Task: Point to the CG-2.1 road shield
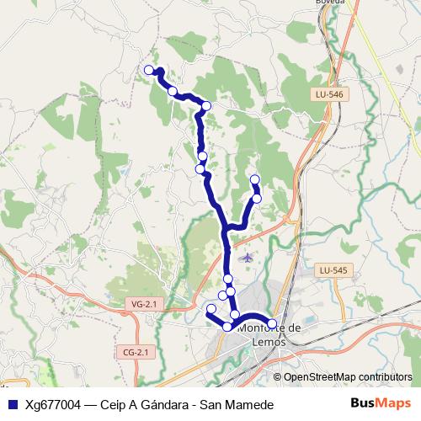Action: point(135,352)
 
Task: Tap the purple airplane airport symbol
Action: point(246,255)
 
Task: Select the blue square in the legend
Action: point(13,405)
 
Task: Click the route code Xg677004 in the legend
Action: point(53,405)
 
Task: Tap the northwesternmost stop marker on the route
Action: point(149,70)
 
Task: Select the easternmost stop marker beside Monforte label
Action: point(272,323)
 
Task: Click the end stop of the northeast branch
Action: point(255,179)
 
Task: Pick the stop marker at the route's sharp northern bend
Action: point(206,106)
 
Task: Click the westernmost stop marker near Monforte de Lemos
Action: point(210,308)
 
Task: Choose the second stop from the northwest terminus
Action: point(172,91)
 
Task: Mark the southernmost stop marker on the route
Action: point(227,326)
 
